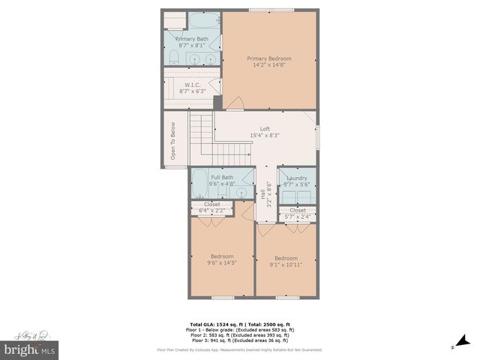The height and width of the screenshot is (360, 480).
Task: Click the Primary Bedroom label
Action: click(x=269, y=58)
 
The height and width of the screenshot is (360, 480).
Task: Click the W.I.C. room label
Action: click(x=192, y=85)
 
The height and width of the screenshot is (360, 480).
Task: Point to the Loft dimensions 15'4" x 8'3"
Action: click(x=265, y=136)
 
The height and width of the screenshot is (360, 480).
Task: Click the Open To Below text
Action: click(x=172, y=140)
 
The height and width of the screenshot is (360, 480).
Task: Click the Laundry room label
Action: click(x=297, y=178)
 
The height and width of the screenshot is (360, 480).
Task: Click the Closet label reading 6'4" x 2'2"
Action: click(x=212, y=208)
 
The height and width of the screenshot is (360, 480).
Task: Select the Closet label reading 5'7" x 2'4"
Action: click(x=298, y=214)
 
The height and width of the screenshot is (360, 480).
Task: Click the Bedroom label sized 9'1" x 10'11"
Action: click(x=286, y=261)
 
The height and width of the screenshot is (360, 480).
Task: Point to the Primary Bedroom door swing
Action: click(x=235, y=103)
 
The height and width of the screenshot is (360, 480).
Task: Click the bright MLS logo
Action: click(x=30, y=350)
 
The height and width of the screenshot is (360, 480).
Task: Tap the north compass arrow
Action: click(x=453, y=346)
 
